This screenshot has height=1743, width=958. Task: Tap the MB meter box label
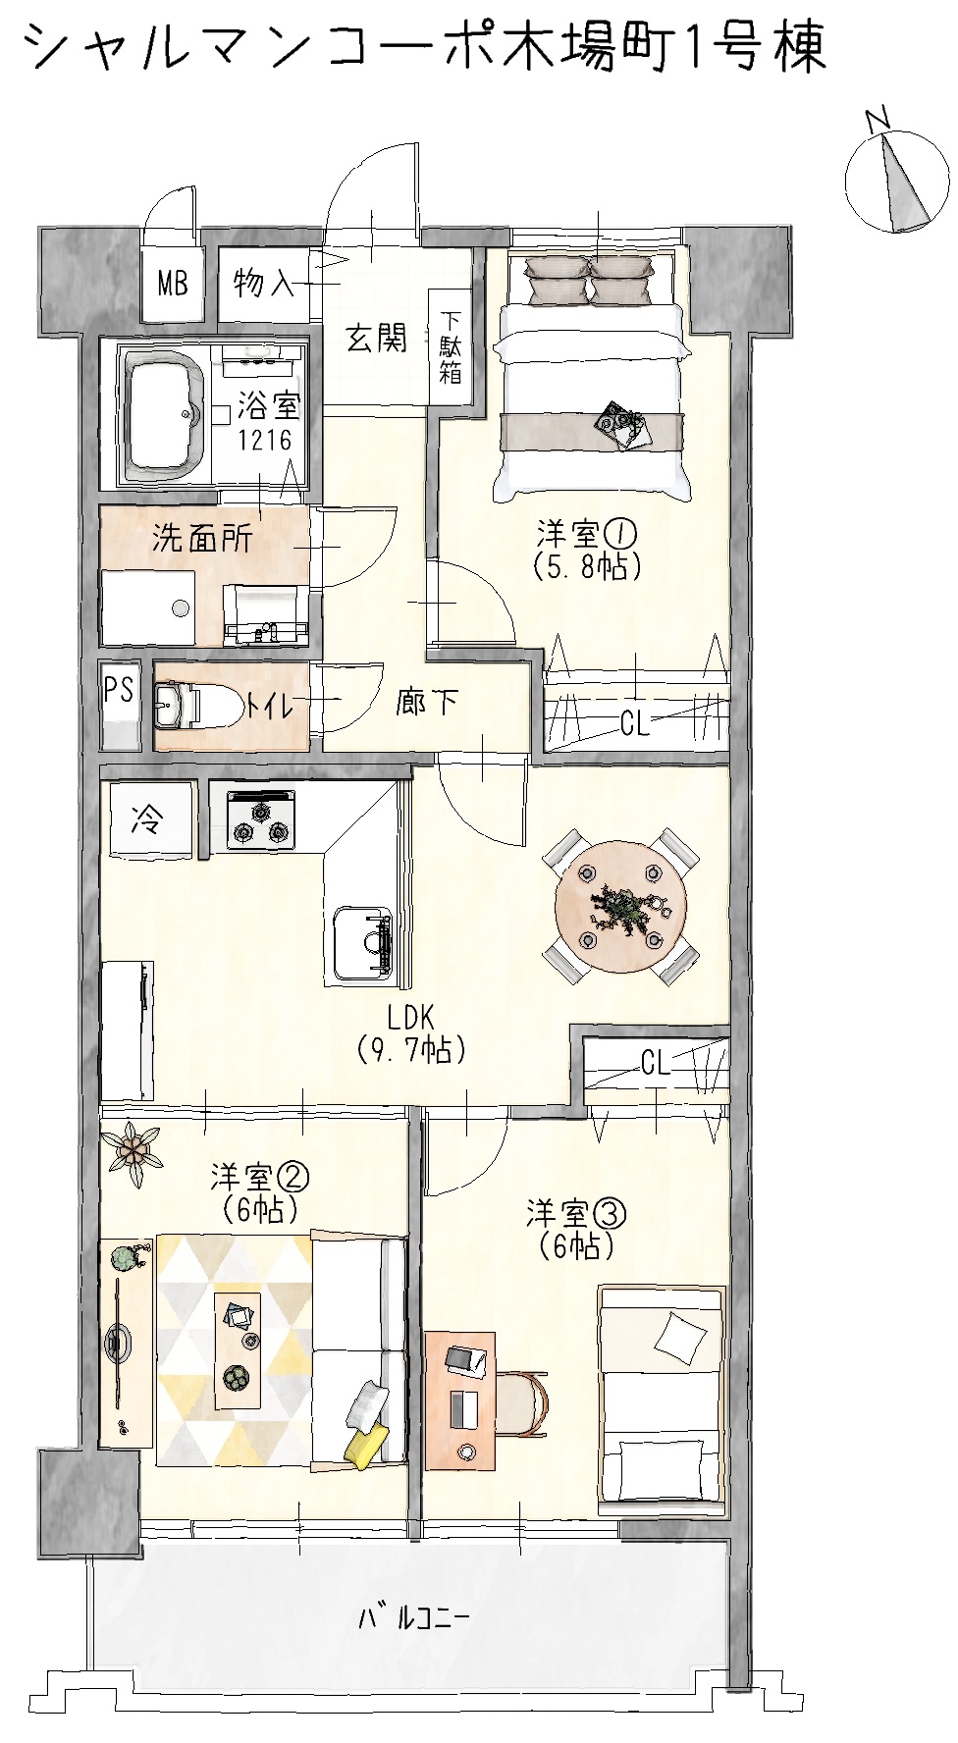173,285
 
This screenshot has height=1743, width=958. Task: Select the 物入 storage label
263,284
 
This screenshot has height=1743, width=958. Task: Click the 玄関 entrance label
376,339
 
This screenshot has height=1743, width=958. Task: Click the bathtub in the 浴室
163,413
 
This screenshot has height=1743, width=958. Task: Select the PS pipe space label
120,689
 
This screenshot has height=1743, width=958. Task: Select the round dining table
621,906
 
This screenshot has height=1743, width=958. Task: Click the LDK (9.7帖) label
410,1032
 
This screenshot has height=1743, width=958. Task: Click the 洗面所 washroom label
201,538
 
